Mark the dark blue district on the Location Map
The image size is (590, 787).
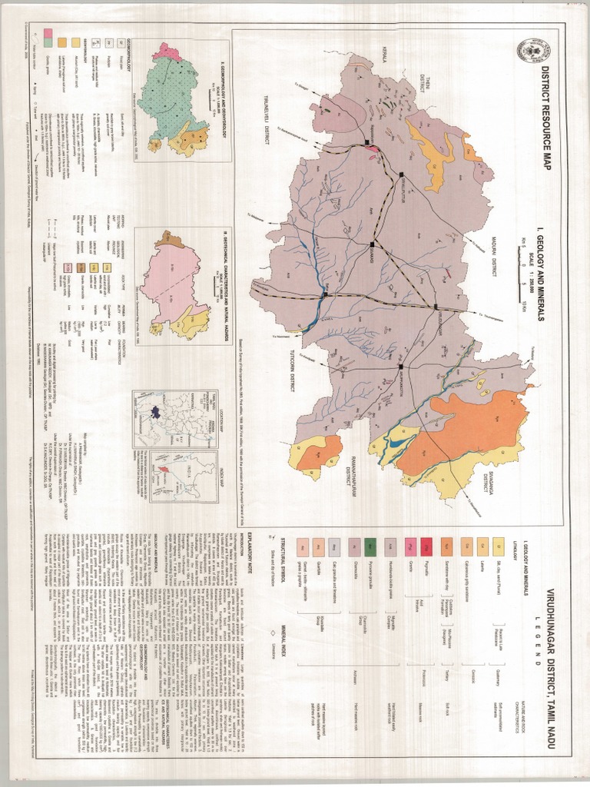[x=154, y=410]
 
